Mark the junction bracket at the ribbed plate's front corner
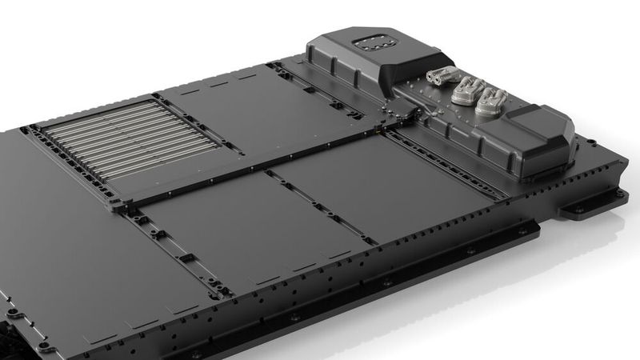pos(117,205)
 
